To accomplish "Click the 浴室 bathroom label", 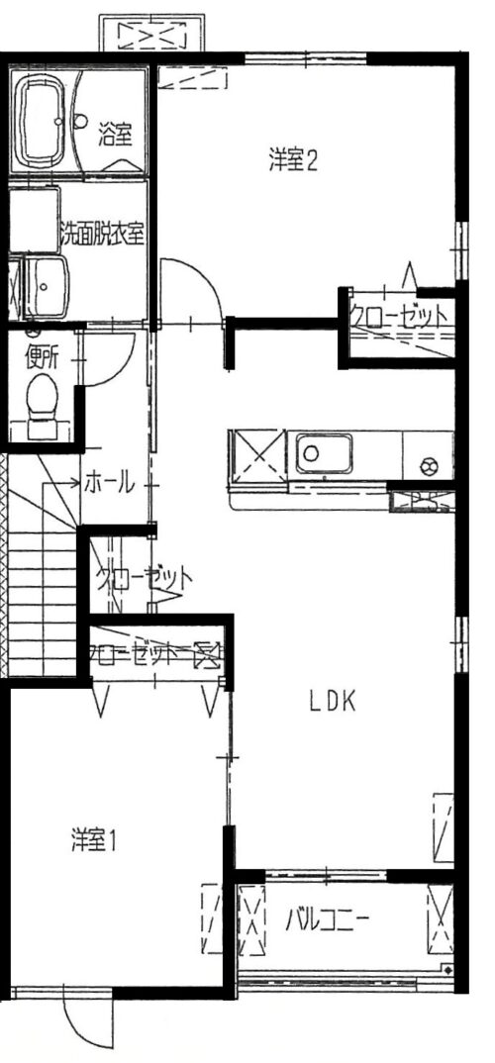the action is click(115, 134).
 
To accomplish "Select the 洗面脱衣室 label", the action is click(102, 234).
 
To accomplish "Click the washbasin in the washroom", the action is click(47, 286).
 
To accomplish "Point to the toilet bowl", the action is click(46, 397).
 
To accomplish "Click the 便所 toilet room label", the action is click(42, 356).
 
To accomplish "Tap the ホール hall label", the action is click(109, 484).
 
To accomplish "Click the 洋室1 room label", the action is click(95, 840).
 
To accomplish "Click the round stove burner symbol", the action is click(429, 465).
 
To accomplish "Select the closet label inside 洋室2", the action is click(398, 316).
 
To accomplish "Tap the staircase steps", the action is click(42, 604).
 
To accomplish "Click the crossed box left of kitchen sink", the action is click(257, 456).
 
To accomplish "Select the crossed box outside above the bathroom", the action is click(151, 33).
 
